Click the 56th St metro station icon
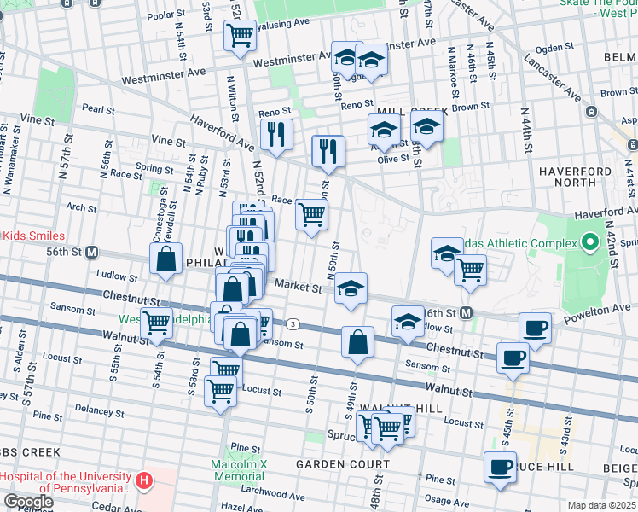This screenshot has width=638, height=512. click(92, 253)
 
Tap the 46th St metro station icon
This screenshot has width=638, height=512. click(466, 313)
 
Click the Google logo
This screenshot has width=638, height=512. click(27, 502)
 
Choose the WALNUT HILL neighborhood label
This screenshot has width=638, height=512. click(389, 410)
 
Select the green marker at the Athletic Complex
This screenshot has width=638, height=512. click(589, 243)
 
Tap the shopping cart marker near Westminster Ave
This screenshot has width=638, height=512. click(241, 36)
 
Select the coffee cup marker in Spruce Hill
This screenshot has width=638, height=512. click(500, 467)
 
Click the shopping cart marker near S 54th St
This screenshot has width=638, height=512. click(155, 323)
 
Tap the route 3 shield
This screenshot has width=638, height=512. click(293, 324)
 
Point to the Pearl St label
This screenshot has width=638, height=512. click(98, 109)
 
